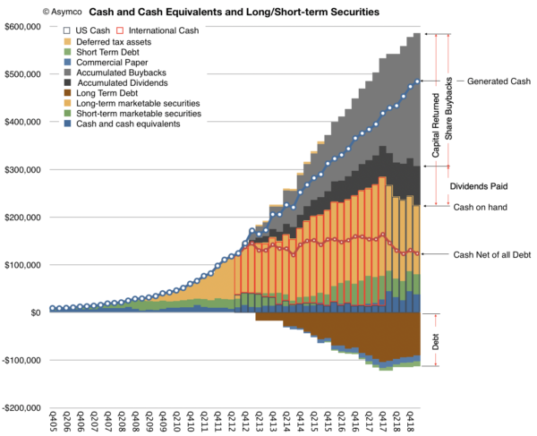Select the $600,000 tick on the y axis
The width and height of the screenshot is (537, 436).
point(24,27)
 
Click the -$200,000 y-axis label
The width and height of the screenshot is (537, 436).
point(23,408)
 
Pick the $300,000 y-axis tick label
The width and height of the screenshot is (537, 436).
point(24,169)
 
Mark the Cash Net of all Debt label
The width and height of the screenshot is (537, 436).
point(492,254)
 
